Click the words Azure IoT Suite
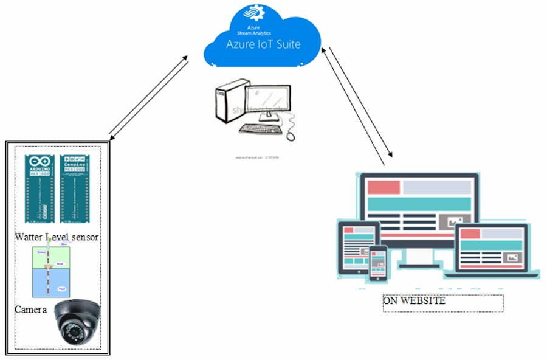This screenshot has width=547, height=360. point(263,44)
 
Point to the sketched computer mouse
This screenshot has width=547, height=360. point(291,134)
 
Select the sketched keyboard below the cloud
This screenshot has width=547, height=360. point(261,129)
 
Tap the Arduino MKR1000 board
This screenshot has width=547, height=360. point(40,189)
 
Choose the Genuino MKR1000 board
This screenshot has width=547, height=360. point(75,189)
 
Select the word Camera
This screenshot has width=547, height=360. point(30,309)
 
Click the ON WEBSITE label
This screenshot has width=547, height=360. point(414,301)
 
